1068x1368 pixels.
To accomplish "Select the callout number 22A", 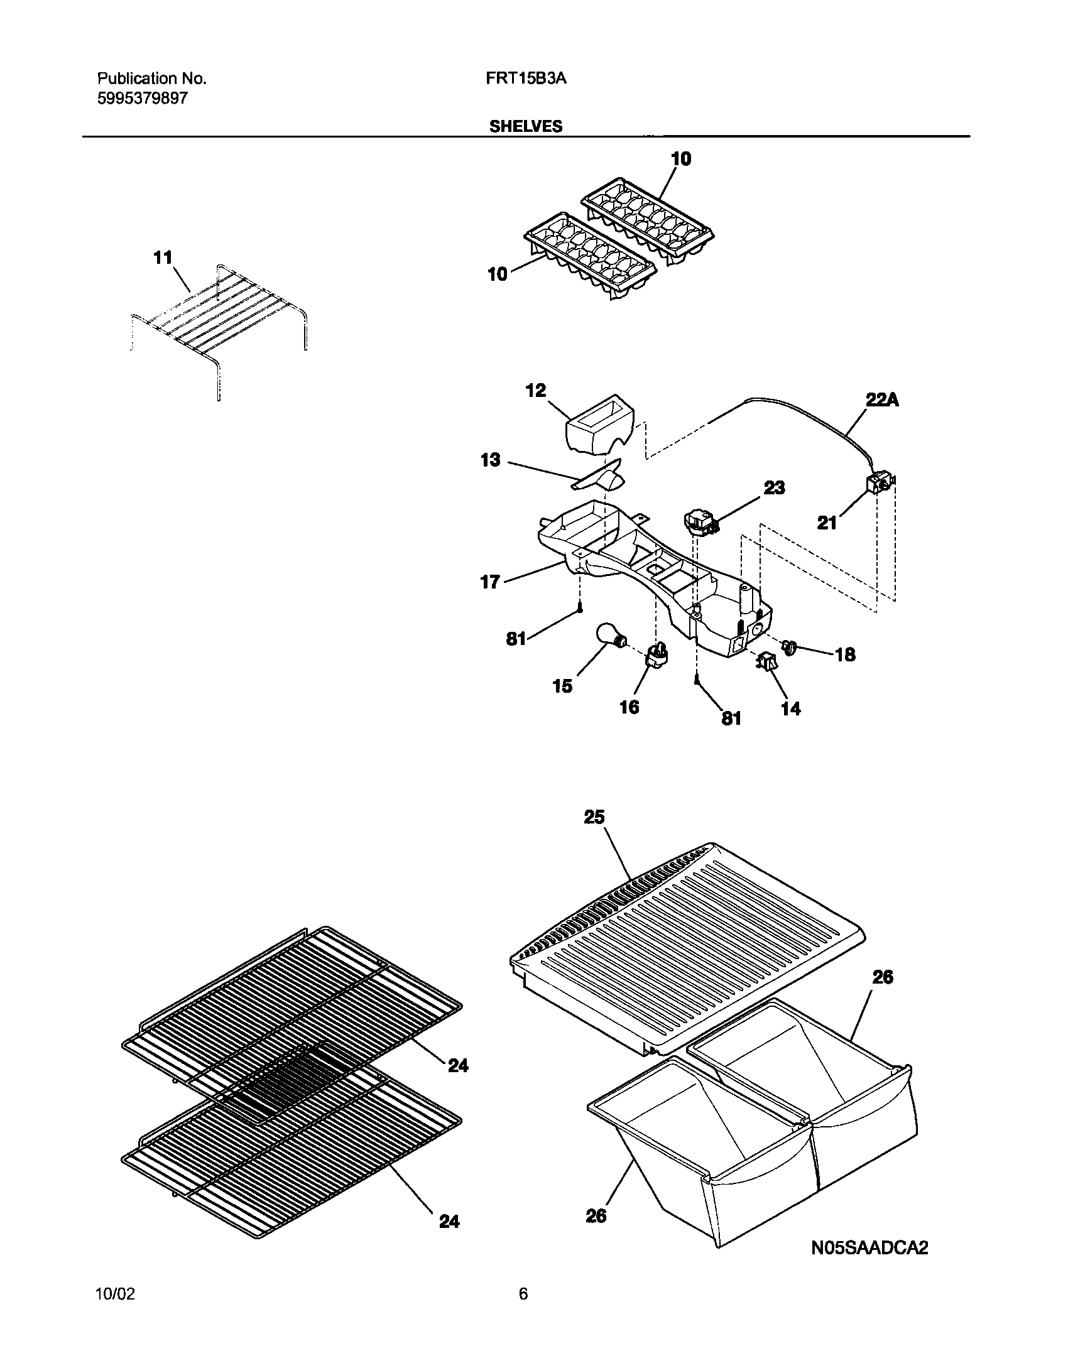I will point(882,400).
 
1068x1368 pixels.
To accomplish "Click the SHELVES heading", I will point(526,126).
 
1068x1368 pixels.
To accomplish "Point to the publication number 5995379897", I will point(143,99).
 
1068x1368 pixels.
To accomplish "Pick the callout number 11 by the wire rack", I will point(163,258).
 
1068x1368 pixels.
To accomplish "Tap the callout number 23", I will point(774,487).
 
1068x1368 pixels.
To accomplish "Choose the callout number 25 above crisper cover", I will point(594,817).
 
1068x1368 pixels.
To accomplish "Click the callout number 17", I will point(490,582).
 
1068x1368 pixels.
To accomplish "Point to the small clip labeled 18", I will point(789,646).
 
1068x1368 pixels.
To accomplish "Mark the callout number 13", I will point(490,460).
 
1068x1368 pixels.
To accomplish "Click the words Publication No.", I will point(151,79).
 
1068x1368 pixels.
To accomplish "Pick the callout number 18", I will point(845,655).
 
